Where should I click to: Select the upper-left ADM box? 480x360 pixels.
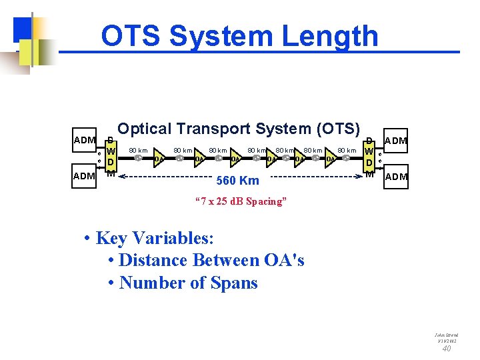tap(85, 140)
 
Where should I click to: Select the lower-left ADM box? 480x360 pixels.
tap(85, 176)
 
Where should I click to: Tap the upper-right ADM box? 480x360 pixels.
tap(396, 140)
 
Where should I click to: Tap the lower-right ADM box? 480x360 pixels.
tap(396, 176)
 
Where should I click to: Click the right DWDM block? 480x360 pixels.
tap(369, 156)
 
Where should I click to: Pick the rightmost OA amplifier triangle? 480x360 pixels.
tap(331, 159)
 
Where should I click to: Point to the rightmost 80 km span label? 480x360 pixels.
tap(347, 151)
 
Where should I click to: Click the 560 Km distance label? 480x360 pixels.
tap(238, 180)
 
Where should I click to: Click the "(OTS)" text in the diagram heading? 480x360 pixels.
tap(335, 128)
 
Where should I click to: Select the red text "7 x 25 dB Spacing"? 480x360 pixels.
tap(240, 201)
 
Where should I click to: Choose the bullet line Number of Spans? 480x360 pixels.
tap(187, 283)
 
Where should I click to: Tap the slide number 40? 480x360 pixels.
tap(447, 348)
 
